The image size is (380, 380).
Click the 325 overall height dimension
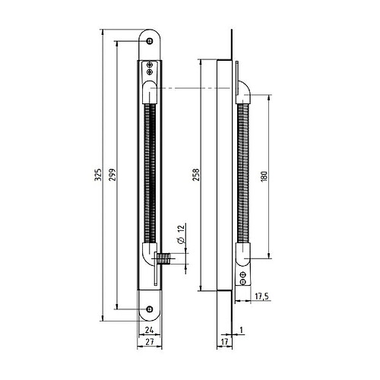click(x=97, y=176)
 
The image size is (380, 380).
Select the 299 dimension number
click(x=111, y=176)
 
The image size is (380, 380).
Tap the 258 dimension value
click(x=194, y=176)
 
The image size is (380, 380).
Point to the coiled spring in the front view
click(x=150, y=175)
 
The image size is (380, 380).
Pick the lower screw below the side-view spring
click(x=242, y=280)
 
